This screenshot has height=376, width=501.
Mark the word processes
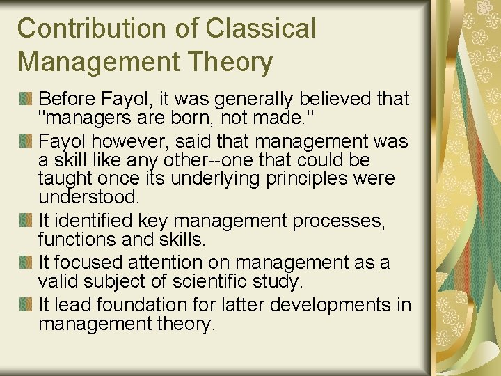(341, 221)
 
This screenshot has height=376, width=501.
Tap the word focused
(87, 263)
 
